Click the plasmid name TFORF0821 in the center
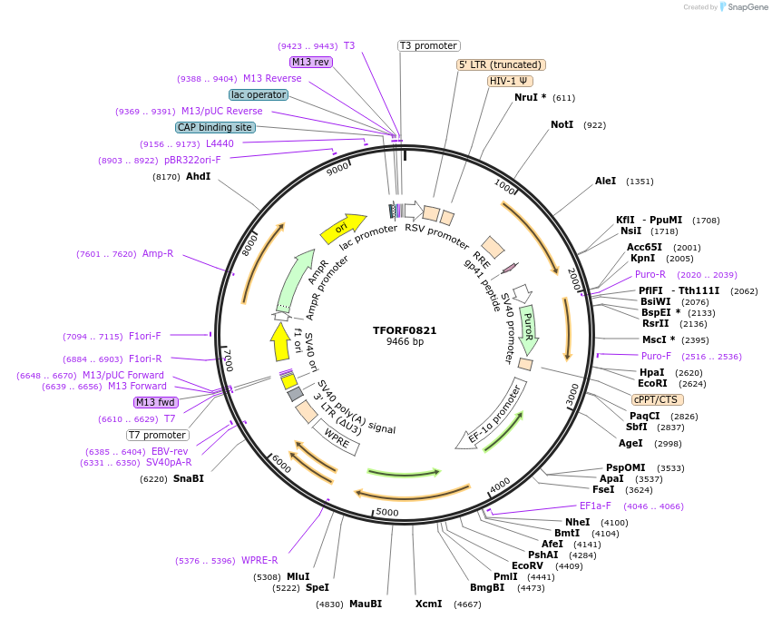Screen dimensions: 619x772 (x=404, y=330)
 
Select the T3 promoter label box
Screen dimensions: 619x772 (x=429, y=46)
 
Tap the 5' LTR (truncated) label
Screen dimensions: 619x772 (x=500, y=64)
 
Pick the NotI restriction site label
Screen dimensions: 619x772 (x=562, y=124)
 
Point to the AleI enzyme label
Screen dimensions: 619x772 (x=605, y=182)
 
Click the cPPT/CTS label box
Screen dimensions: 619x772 (x=658, y=399)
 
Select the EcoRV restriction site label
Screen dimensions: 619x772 (x=527, y=566)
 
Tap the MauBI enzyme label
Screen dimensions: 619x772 (x=366, y=604)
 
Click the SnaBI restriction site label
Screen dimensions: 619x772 (x=189, y=478)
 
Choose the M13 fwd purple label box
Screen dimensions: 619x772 (x=156, y=402)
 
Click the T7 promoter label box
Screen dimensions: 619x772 (x=158, y=435)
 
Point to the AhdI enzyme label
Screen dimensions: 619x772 (x=198, y=177)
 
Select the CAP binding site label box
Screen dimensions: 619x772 (x=215, y=128)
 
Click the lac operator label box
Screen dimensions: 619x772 (x=259, y=94)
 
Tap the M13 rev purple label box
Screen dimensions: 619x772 (x=310, y=62)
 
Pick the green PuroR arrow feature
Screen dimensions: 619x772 (x=528, y=328)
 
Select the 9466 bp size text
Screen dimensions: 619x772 (x=405, y=342)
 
